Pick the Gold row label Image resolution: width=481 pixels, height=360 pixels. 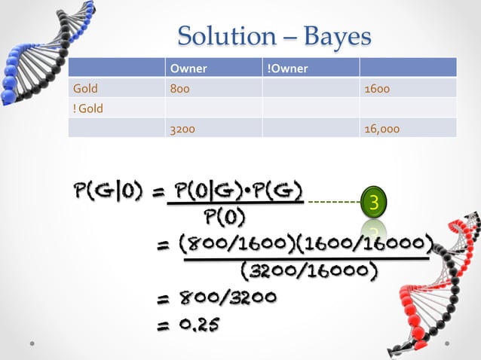pyautogui.click(x=85, y=89)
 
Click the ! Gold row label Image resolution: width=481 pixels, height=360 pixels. pyautogui.click(x=88, y=108)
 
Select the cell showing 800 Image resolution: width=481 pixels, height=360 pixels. pyautogui.click(x=179, y=89)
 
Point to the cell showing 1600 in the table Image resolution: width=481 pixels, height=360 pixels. pyautogui.click(x=376, y=89)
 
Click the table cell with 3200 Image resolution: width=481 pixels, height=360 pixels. pyautogui.click(x=182, y=128)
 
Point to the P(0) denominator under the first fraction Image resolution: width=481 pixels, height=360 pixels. pyautogui.click(x=223, y=218)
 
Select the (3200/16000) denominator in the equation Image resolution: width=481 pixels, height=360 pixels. pyautogui.click(x=308, y=269)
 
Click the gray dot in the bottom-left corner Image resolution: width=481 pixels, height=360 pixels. pyautogui.click(x=34, y=343)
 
